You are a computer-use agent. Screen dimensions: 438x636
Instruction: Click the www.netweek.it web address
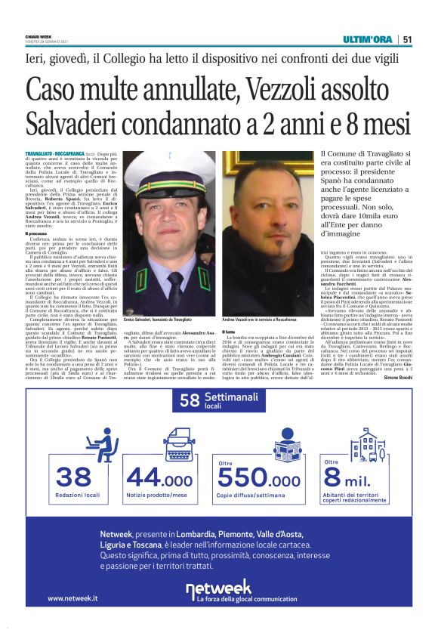(72, 597)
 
